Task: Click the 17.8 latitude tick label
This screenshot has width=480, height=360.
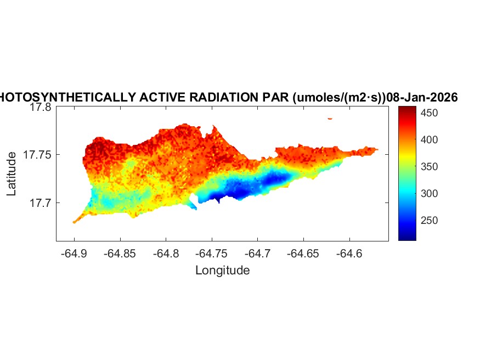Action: (x=40, y=108)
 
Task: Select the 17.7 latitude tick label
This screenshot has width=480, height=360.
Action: (x=40, y=203)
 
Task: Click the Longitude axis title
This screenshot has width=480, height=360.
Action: (x=222, y=270)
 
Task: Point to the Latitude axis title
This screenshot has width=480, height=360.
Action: (x=12, y=175)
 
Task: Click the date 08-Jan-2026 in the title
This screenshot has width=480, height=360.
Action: (x=422, y=97)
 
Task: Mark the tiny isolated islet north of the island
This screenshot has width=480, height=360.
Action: (x=330, y=118)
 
